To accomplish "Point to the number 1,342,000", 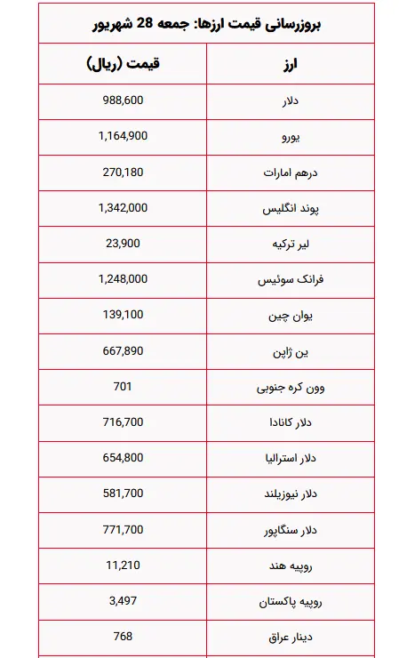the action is click(x=123, y=207).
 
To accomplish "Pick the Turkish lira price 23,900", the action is click(x=123, y=243).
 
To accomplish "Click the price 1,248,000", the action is click(x=123, y=278).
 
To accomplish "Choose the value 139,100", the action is click(x=123, y=315).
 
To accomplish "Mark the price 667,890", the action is click(x=123, y=350).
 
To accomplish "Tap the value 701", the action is click(x=123, y=386).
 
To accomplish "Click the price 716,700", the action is click(x=123, y=422).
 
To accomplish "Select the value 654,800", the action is click(x=123, y=458).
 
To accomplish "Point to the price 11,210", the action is click(x=123, y=565).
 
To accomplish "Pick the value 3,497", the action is click(x=123, y=601).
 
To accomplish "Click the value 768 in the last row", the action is click(x=123, y=637).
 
